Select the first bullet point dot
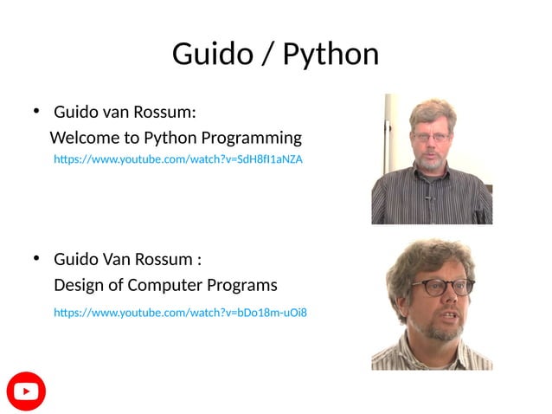click(36, 111)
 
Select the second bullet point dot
click(36, 258)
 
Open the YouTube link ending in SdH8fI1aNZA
click(178, 159)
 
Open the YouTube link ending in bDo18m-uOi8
click(180, 312)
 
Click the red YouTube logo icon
click(26, 391)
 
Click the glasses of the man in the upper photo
click(430, 137)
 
